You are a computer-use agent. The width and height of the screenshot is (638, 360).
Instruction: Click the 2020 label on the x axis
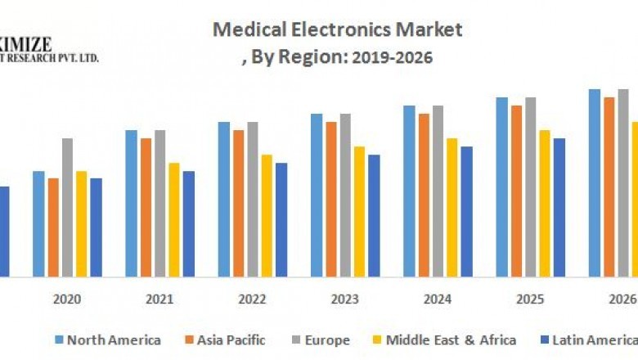pos(67,299)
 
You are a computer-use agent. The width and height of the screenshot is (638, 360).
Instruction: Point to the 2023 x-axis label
pos(345,299)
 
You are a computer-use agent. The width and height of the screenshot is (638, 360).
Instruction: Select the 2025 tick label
pos(530,299)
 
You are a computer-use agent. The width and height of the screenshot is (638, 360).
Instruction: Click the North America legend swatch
pos(59,340)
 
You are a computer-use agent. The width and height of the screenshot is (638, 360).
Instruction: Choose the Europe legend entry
pos(326,340)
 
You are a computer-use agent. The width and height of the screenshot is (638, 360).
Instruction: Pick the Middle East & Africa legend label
pos(451,340)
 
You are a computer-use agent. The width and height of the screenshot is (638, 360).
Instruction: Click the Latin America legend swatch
pos(544,340)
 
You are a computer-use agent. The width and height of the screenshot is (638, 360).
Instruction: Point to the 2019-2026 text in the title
pos(389,57)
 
